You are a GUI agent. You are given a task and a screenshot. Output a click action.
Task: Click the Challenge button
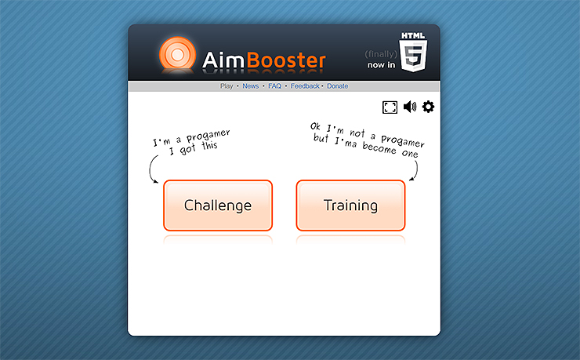click(218, 205)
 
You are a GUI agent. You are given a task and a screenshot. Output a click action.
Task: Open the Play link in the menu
click(227, 86)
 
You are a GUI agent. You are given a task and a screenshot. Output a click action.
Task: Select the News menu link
click(250, 86)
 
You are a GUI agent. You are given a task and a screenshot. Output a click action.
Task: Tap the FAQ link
click(274, 86)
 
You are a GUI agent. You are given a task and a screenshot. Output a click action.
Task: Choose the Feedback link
click(305, 86)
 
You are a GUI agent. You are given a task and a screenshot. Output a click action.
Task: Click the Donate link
click(337, 86)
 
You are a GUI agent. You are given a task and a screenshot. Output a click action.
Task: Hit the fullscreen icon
click(390, 107)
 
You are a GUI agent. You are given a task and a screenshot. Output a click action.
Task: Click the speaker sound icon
click(409, 107)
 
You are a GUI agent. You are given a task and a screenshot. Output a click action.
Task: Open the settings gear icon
click(428, 107)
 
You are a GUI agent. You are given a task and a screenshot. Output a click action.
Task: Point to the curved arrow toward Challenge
click(152, 169)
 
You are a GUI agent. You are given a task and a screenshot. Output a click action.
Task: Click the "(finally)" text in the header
click(381, 53)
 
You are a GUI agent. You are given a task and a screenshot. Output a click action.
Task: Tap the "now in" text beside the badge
click(381, 64)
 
